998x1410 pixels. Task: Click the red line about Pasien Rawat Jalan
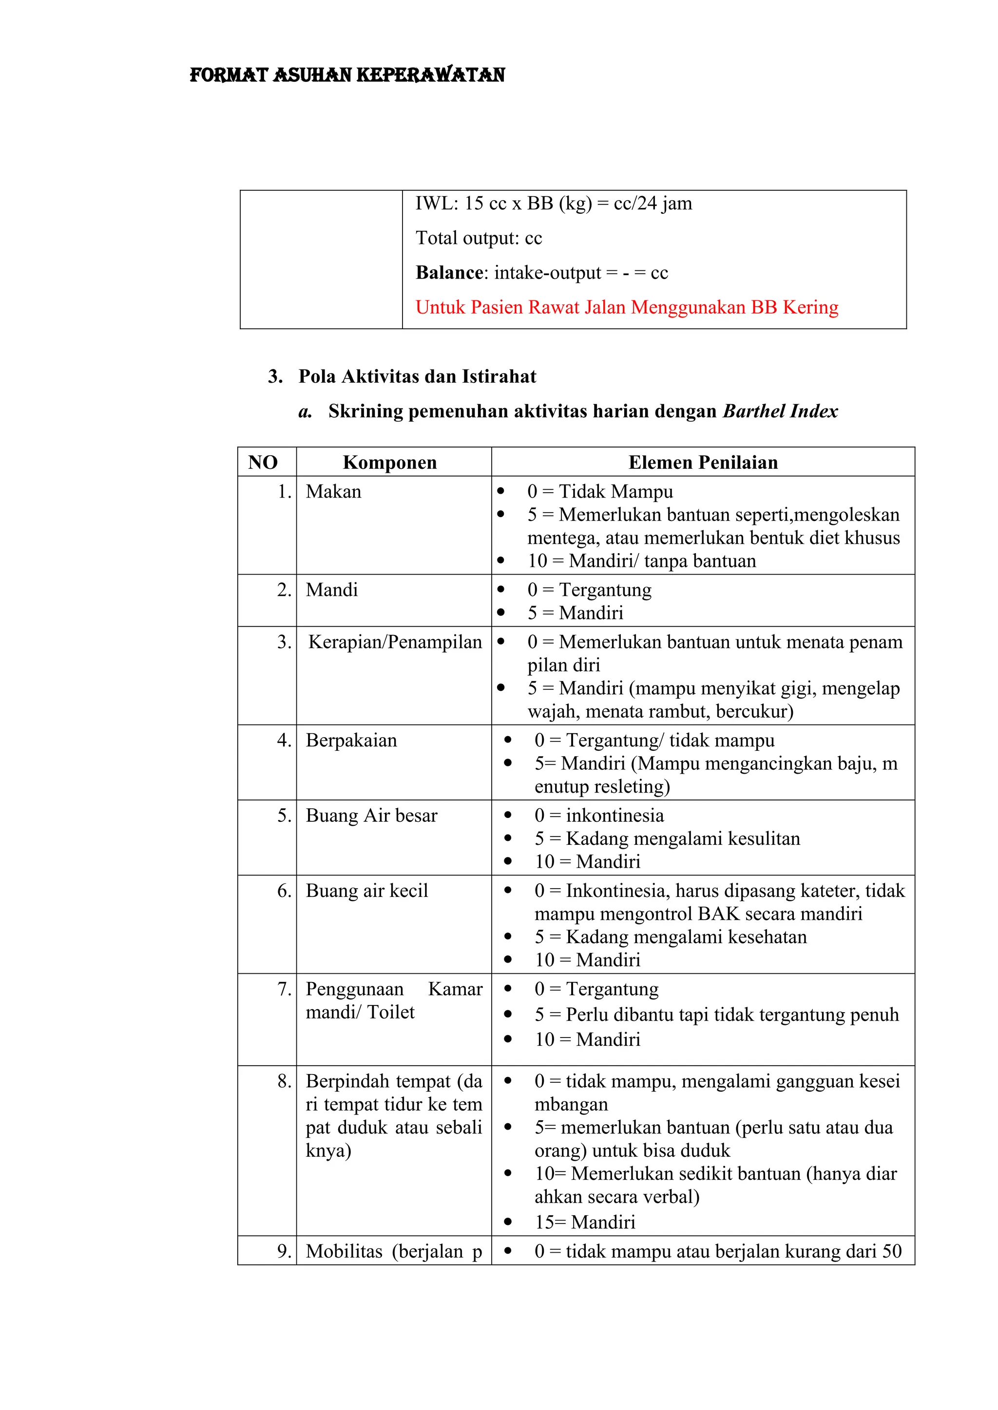[x=626, y=307]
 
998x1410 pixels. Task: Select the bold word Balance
[x=449, y=273]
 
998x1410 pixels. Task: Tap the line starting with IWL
[x=553, y=203]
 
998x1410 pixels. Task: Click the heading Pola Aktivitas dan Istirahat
[x=417, y=376]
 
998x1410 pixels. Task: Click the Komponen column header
[x=390, y=463]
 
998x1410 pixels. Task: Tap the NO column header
[x=263, y=463]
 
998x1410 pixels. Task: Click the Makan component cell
[x=334, y=492]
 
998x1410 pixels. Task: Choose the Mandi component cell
[x=332, y=590]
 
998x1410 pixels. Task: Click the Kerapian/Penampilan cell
[x=395, y=642]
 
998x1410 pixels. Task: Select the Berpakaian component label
[x=351, y=741]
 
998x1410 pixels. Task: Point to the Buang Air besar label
[x=371, y=816]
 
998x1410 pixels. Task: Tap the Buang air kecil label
[x=367, y=891]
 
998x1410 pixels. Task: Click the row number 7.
[x=284, y=989]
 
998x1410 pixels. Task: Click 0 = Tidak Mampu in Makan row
[x=600, y=492]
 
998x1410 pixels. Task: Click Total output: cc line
[x=479, y=238]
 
